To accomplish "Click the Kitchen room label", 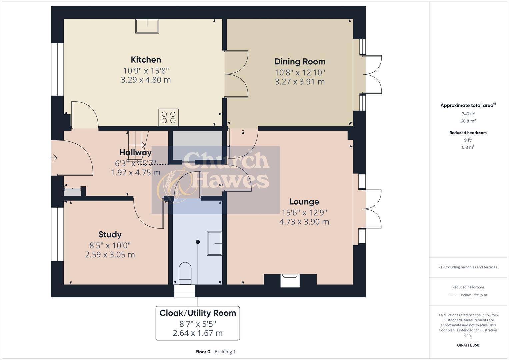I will click(x=146, y=60).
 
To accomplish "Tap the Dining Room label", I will click(x=300, y=62).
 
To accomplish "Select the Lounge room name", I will click(x=304, y=202).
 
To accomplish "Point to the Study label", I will click(x=110, y=234).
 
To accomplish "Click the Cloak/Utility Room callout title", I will click(x=198, y=313).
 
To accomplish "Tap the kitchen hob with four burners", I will click(x=168, y=117).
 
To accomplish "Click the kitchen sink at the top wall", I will click(x=147, y=26).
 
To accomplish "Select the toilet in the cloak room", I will click(x=185, y=272).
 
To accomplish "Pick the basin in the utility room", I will click(x=214, y=243).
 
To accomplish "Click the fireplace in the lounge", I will click(x=290, y=280).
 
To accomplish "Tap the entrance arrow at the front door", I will click(x=54, y=158).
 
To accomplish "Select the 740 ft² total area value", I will click(x=468, y=114).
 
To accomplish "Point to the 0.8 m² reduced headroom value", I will click(x=468, y=147).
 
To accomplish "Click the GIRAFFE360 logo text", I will click(x=468, y=345).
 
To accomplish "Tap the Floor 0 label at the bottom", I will click(x=203, y=352).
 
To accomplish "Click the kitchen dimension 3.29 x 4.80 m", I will click(x=146, y=80).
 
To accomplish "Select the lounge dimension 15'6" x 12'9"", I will click(x=304, y=212).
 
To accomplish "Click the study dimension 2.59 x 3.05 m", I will click(x=110, y=255).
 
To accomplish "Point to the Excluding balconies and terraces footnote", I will click(x=468, y=267).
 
